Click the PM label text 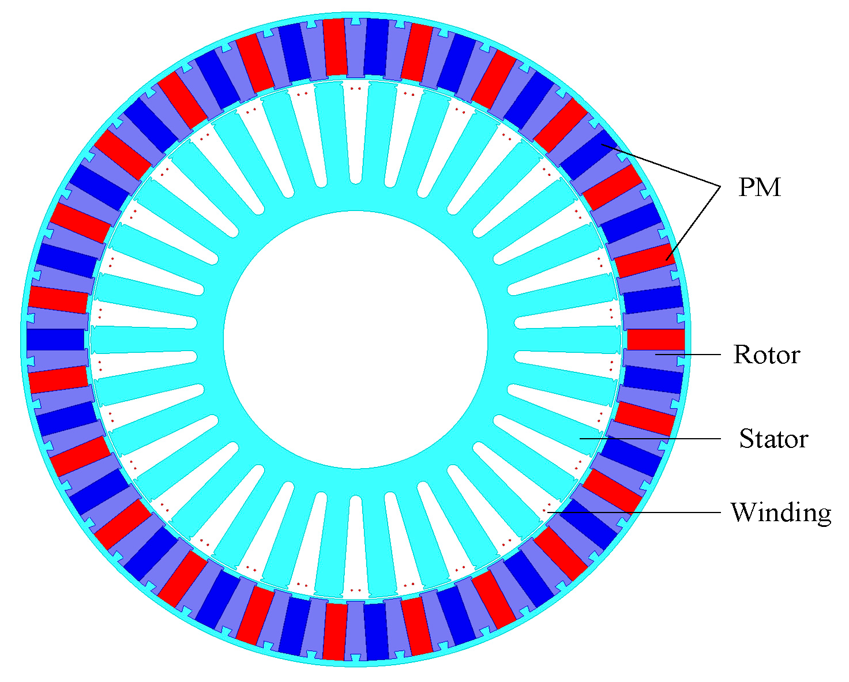coord(759,187)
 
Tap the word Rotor coord(767,355)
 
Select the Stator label coord(773,439)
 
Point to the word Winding coord(781,513)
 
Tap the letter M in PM coord(768,187)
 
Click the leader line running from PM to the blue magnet coord(661,165)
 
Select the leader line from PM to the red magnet coord(693,223)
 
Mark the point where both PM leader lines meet coord(721,187)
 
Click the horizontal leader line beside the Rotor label coord(688,355)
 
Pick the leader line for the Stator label coord(650,438)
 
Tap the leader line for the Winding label coord(634,513)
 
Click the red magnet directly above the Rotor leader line coord(655,340)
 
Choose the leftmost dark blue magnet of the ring coord(55,340)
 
